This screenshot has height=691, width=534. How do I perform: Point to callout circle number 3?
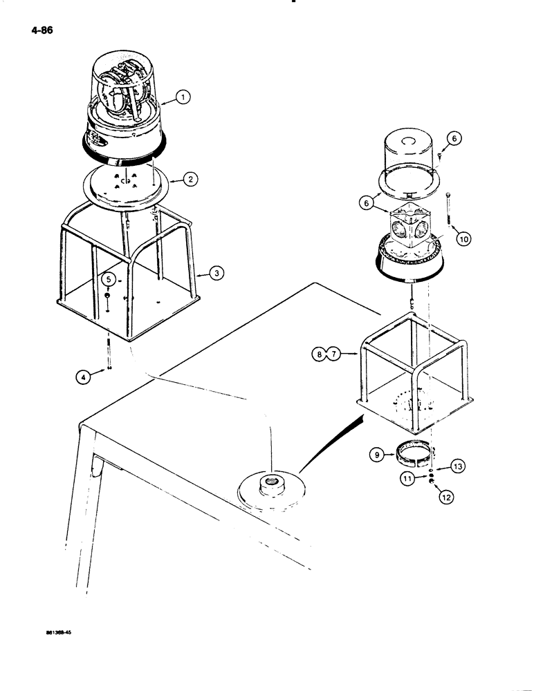pyautogui.click(x=217, y=274)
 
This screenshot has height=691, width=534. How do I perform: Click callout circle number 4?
pyautogui.click(x=82, y=377)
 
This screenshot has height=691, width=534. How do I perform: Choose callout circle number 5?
pyautogui.click(x=109, y=279)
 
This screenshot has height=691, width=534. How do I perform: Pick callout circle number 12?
pyautogui.click(x=442, y=495)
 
